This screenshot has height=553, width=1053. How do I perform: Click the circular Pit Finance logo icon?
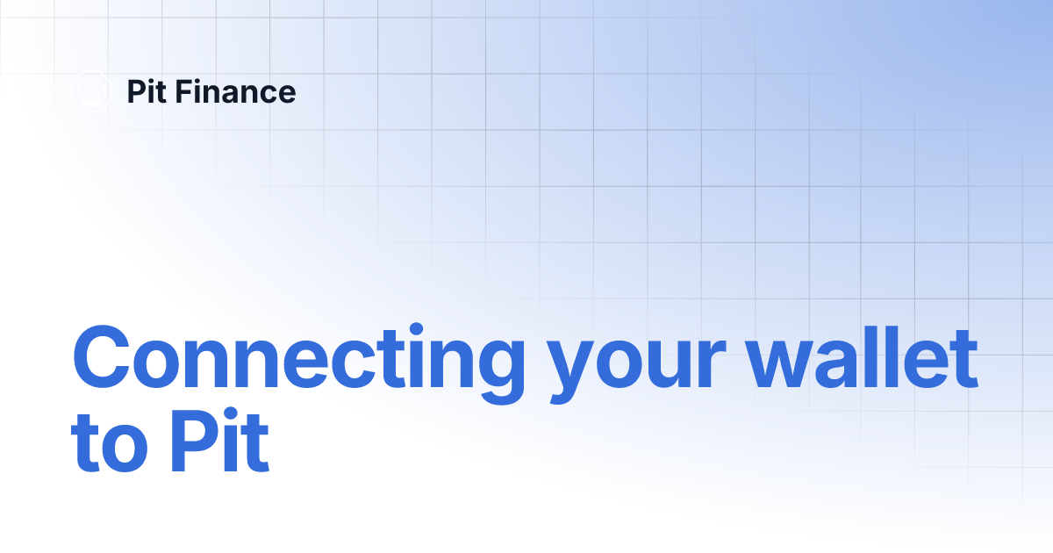[x=91, y=92]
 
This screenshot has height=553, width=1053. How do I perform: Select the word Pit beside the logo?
[x=146, y=92]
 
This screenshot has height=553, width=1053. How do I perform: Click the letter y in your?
[x=573, y=373]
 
